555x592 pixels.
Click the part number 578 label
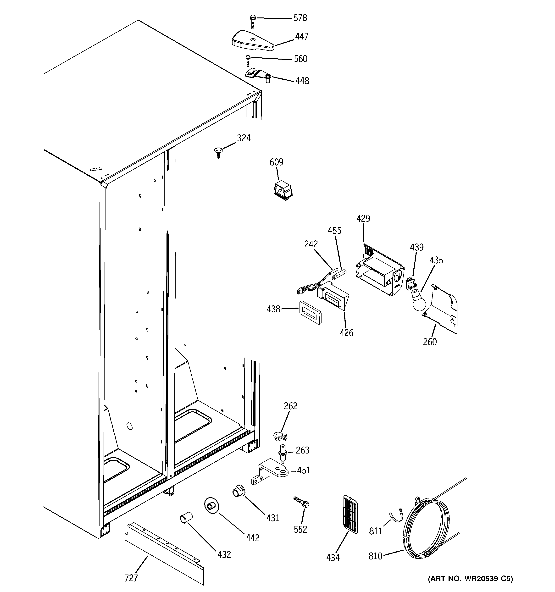(300, 18)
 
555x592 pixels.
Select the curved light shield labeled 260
(441, 310)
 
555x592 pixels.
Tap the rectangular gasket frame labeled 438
(310, 312)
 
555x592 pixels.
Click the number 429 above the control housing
(363, 218)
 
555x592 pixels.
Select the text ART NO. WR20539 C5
(470, 579)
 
